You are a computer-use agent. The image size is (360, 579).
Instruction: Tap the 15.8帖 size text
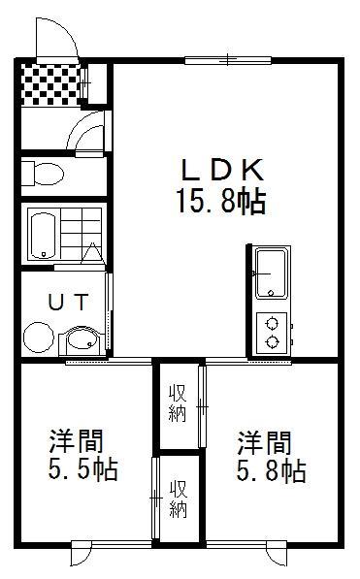tap(221, 202)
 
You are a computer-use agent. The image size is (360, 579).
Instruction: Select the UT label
tap(69, 302)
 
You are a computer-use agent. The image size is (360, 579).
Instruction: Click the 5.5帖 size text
tap(82, 469)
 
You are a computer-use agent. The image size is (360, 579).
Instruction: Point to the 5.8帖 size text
tap(271, 471)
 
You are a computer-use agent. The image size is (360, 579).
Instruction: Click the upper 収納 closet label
tap(178, 403)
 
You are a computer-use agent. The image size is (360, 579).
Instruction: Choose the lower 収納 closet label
tap(179, 499)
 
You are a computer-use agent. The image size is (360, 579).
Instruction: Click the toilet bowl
tap(49, 173)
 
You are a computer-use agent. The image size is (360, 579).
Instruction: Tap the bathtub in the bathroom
tap(44, 236)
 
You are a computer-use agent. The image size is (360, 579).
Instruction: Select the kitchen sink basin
tap(272, 273)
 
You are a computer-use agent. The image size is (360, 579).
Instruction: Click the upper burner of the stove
tap(272, 324)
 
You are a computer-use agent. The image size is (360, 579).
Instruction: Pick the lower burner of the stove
tap(272, 341)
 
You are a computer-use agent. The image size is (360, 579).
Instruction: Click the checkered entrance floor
tap(50, 84)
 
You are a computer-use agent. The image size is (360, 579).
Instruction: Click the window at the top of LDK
tap(228, 60)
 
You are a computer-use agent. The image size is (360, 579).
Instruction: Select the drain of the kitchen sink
tap(271, 293)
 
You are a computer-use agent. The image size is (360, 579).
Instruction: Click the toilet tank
tap(28, 173)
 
